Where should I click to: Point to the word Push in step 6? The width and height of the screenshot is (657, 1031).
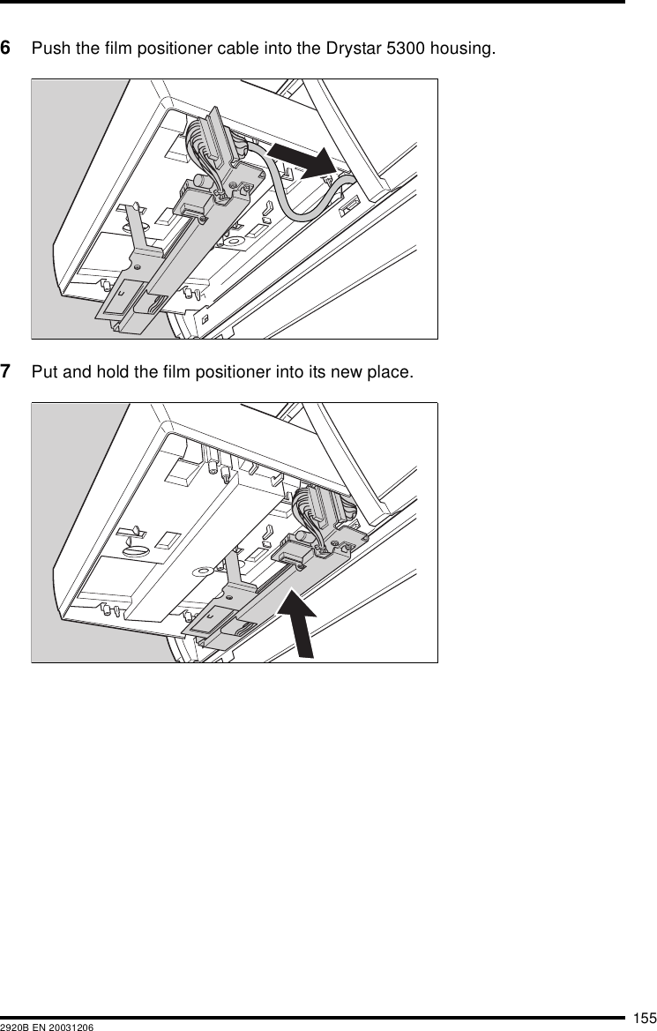point(49,47)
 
